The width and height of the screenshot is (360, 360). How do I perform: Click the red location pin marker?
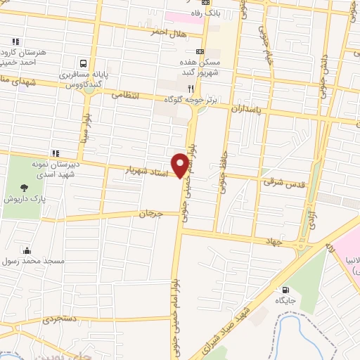click(181, 165)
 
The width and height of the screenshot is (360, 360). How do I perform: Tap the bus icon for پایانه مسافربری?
click(84, 63)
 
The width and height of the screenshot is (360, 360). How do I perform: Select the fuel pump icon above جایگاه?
click(285, 289)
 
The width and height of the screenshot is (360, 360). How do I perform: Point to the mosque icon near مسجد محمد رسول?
click(27, 250)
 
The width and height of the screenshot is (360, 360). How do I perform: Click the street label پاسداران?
click(250, 110)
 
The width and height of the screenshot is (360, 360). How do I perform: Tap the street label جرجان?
click(150, 213)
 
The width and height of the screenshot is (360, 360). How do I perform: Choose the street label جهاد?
click(274, 241)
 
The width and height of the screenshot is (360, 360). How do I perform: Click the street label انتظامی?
click(127, 94)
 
